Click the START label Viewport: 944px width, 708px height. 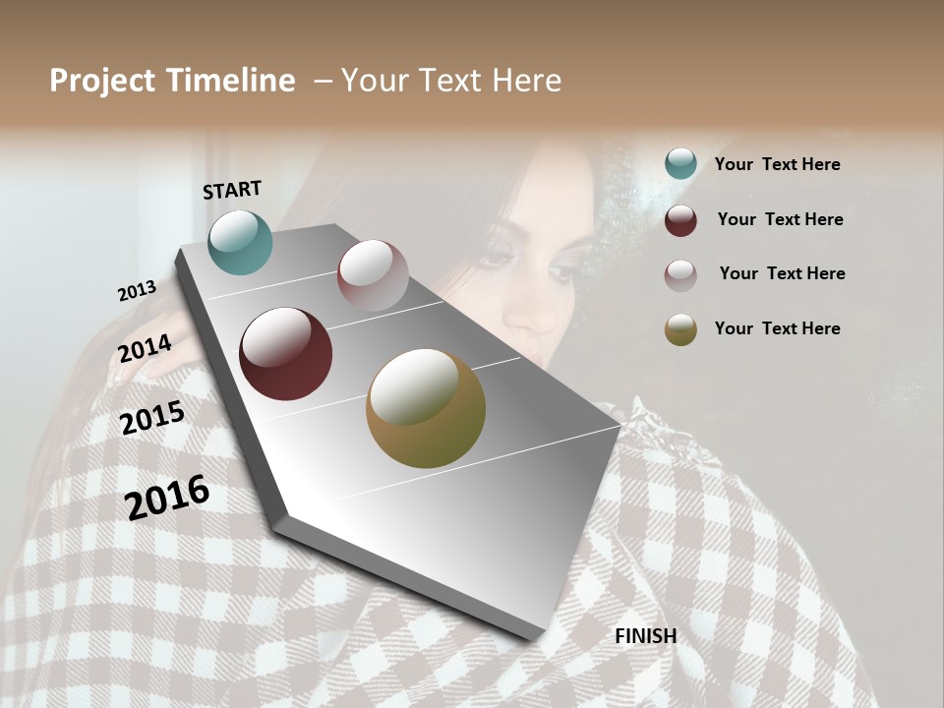click(x=232, y=190)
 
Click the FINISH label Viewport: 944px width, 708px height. click(x=646, y=636)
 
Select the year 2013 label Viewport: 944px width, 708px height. click(x=137, y=291)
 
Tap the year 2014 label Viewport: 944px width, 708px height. click(x=145, y=348)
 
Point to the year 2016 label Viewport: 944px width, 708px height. click(x=167, y=498)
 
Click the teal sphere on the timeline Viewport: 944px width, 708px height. click(x=240, y=242)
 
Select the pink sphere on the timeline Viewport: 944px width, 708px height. click(x=373, y=275)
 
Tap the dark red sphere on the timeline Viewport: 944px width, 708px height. click(x=285, y=354)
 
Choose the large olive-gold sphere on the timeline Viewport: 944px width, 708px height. click(x=425, y=408)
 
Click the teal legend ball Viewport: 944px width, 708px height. click(x=680, y=164)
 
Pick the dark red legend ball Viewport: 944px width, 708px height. click(x=680, y=219)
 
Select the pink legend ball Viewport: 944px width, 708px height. click(x=680, y=274)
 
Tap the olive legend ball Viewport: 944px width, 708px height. click(x=680, y=329)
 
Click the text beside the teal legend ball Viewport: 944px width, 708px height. click(x=777, y=164)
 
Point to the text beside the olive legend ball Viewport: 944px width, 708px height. click(x=777, y=328)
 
